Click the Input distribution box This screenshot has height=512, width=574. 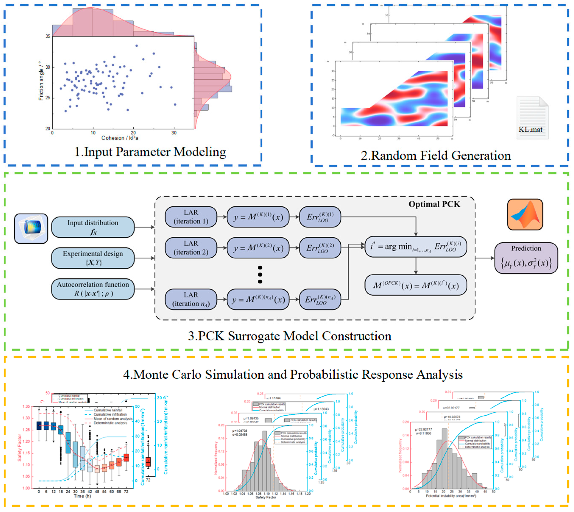[x=93, y=227]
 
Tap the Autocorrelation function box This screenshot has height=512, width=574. [x=93, y=289]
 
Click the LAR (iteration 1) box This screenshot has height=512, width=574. [x=191, y=217]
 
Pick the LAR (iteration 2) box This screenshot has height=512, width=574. [x=191, y=248]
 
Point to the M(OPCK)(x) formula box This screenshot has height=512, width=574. [x=415, y=285]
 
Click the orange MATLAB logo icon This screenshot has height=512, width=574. [x=525, y=215]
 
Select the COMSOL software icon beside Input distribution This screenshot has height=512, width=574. [x=31, y=228]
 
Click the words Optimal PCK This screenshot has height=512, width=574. [x=434, y=204]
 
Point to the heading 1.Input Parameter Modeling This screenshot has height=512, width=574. [x=150, y=152]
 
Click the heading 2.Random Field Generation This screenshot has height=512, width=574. [x=436, y=155]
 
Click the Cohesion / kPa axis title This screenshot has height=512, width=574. [x=120, y=138]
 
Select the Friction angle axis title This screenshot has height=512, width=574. [x=41, y=81]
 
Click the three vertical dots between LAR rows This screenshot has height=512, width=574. [x=260, y=274]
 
